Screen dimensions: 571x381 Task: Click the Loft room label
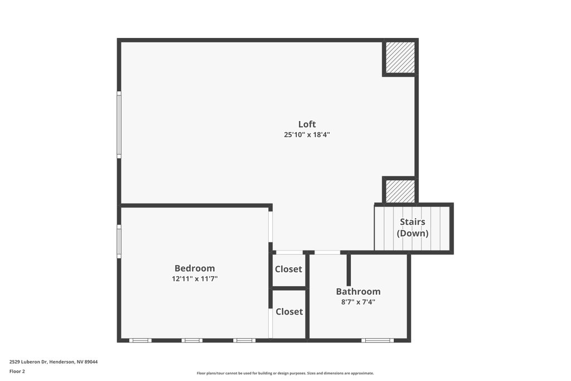pos(307,124)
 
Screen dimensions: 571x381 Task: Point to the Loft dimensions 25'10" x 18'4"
pos(307,135)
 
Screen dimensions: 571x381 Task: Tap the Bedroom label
pos(195,268)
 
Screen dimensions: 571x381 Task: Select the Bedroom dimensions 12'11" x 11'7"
pos(195,279)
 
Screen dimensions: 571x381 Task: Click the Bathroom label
pos(358,291)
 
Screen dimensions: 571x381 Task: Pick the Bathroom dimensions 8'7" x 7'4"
pos(358,302)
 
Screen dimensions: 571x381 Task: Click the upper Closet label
pos(288,269)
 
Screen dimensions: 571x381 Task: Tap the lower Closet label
pos(289,311)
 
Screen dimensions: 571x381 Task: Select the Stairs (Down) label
pos(412,228)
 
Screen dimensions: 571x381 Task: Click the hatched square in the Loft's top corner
pos(400,57)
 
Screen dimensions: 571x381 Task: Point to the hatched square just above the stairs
pos(400,191)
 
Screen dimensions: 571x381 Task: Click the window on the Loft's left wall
pos(119,124)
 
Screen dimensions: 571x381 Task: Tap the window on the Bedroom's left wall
pos(119,242)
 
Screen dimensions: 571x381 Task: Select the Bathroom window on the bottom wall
pos(378,341)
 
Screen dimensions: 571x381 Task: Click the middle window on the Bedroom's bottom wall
pos(192,341)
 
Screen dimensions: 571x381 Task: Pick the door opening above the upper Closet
pos(289,253)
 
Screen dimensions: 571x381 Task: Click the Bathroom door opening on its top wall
pos(327,253)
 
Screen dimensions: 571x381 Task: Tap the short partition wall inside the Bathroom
pos(349,269)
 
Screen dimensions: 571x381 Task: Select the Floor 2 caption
pos(17,372)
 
